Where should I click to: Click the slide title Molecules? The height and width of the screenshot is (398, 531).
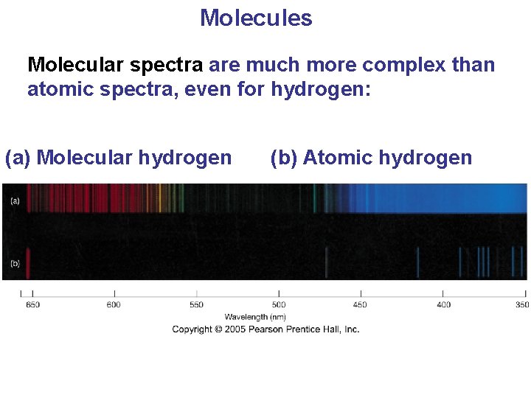[256, 18]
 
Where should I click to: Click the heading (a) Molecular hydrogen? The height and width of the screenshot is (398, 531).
[118, 158]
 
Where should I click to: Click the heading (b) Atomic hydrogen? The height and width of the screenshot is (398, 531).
[371, 158]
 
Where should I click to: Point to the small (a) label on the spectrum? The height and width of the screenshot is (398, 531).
[15, 200]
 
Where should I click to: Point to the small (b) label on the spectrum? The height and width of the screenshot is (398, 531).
[15, 263]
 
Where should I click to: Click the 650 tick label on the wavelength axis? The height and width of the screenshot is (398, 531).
[32, 305]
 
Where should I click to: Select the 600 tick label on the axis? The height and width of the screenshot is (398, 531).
[114, 305]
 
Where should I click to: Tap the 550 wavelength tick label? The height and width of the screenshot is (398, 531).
[196, 305]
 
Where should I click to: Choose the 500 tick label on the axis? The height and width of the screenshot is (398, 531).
[279, 305]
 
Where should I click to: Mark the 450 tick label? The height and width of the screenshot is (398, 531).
[360, 305]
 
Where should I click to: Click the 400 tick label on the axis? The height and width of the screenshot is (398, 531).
[443, 305]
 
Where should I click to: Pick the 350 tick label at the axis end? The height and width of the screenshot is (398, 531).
[521, 305]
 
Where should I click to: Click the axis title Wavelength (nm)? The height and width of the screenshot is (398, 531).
[255, 317]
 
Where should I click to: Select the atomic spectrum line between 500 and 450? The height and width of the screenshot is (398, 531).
[326, 263]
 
